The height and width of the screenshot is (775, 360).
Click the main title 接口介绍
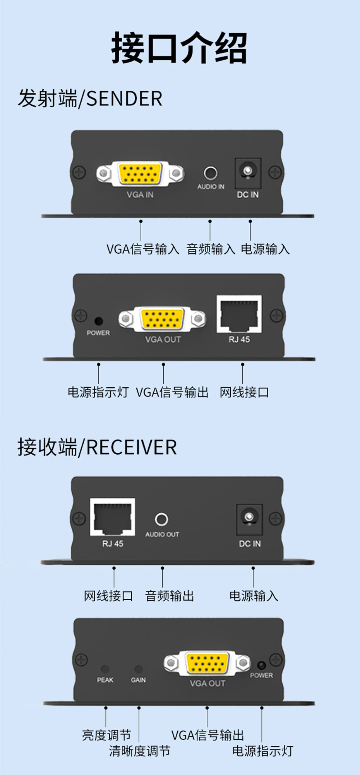click(179, 48)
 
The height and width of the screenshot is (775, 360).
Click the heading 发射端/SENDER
click(90, 98)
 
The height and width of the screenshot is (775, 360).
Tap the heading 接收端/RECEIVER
click(97, 447)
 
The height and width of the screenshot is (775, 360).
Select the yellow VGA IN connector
click(140, 174)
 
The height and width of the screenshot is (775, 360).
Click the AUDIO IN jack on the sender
click(211, 173)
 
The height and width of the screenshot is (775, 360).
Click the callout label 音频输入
click(211, 249)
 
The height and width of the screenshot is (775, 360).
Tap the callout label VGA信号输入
click(143, 249)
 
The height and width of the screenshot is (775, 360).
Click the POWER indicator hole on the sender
click(99, 321)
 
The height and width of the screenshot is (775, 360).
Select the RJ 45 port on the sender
click(239, 314)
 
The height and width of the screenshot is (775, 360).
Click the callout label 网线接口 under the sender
click(244, 392)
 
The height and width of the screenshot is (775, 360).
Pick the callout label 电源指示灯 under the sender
click(98, 392)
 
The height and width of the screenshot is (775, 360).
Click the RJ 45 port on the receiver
click(113, 517)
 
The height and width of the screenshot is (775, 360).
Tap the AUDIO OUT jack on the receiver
click(161, 519)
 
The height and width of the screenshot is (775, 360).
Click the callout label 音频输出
click(170, 596)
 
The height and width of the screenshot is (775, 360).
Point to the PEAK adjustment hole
click(105, 669)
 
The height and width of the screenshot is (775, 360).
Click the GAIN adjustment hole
click(138, 669)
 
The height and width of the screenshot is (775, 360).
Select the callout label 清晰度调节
click(139, 751)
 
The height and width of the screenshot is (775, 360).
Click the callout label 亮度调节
click(106, 735)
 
